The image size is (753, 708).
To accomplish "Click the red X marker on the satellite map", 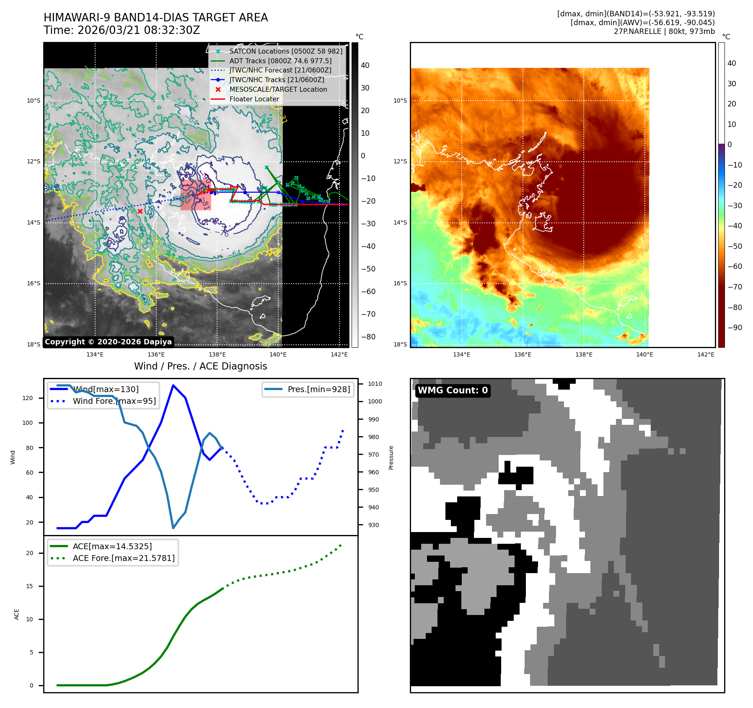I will [140, 212].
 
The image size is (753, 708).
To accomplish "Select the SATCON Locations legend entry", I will [285, 51].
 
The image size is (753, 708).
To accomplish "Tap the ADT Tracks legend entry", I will [280, 61].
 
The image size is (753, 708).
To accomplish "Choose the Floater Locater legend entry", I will [254, 99].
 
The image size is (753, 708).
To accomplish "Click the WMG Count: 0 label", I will [453, 390].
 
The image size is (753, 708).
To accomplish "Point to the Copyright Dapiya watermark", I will [108, 342].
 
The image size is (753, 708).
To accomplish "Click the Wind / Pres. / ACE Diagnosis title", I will [200, 366].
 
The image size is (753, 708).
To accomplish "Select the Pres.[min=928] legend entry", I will [318, 389].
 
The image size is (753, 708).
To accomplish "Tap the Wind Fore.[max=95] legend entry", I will [114, 401].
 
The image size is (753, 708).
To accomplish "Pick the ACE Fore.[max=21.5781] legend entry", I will [124, 558].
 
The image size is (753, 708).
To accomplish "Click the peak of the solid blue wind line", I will [173, 385].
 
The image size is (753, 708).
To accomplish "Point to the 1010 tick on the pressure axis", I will [375, 384].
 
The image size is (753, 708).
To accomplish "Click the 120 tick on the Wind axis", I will [28, 398].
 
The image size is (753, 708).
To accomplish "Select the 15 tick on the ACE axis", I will [29, 586].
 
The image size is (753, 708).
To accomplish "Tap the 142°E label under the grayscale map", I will [339, 354].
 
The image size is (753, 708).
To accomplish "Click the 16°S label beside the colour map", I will [400, 283].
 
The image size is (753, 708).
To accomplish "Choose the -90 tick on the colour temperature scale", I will [735, 328].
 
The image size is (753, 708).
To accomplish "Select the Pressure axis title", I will [391, 457].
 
